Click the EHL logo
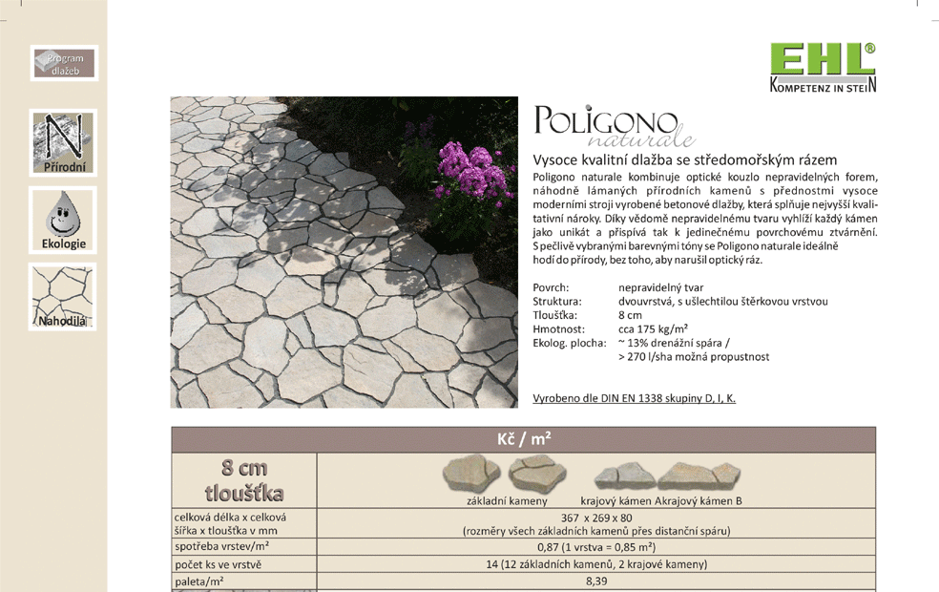click(x=823, y=68)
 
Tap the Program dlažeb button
click(x=64, y=64)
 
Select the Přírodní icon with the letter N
click(x=64, y=143)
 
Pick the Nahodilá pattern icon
click(x=63, y=297)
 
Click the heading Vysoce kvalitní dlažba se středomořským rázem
click(x=684, y=159)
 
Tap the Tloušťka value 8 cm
click(x=630, y=315)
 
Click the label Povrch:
click(x=551, y=287)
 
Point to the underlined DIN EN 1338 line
click(x=634, y=398)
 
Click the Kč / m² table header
click(x=523, y=439)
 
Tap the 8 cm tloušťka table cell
click(x=244, y=480)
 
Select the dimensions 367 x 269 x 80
click(x=596, y=518)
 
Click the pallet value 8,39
click(x=596, y=581)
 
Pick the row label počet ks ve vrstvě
click(x=218, y=563)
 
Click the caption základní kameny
click(x=507, y=500)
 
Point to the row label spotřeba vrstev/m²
click(x=221, y=546)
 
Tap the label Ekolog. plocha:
click(x=569, y=343)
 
